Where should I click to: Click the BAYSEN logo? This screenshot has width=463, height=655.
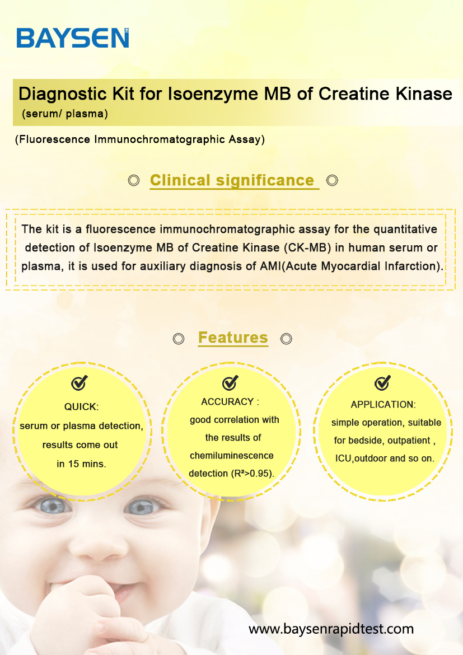[x=73, y=38]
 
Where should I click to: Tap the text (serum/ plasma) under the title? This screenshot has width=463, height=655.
[x=65, y=114]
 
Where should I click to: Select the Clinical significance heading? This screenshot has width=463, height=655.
[x=232, y=180]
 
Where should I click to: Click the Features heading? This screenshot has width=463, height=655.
[x=233, y=337]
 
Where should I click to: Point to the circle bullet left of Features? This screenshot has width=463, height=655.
[x=179, y=338]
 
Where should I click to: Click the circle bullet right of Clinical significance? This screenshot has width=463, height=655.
[x=332, y=180]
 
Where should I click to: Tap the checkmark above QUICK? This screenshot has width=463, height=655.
[x=79, y=382]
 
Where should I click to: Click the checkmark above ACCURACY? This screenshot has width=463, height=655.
[x=230, y=382]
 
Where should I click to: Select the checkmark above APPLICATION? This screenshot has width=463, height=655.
[x=382, y=382]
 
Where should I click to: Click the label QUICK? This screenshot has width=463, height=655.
[x=81, y=406]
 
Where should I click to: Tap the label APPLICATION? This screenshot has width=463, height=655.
[x=383, y=404]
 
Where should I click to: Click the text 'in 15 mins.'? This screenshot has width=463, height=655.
[x=82, y=464]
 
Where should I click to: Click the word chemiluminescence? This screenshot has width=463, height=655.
[x=232, y=455]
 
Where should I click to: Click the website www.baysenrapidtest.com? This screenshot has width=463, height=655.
[x=331, y=629]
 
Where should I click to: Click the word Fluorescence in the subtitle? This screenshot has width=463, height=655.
[x=54, y=139]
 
